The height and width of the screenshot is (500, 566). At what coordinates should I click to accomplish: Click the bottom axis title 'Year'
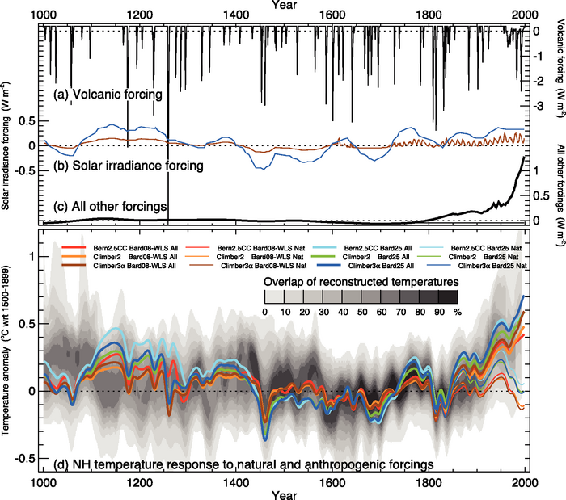(284, 493)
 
